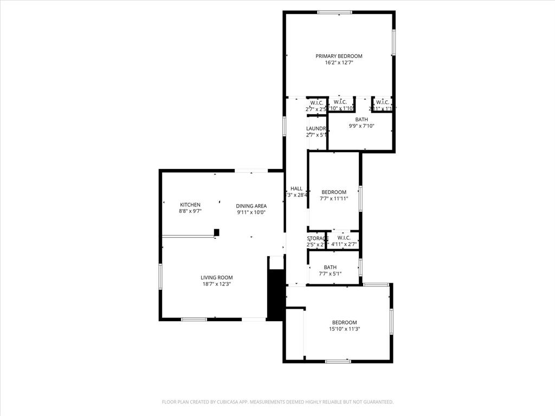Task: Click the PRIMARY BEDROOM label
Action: (339, 56)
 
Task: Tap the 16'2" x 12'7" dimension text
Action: (339, 63)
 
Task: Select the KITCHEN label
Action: (190, 205)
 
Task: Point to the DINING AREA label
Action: (251, 206)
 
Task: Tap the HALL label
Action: (296, 188)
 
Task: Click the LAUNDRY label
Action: (316, 128)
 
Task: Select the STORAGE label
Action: (317, 238)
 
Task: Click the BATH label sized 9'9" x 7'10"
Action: (362, 120)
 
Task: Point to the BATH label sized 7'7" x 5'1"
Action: (330, 267)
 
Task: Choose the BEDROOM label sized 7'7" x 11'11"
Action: (334, 192)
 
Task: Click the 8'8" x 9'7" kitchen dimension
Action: (190, 211)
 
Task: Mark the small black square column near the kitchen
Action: (216, 232)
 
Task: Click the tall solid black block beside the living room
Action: (276, 295)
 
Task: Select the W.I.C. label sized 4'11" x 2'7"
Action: (344, 238)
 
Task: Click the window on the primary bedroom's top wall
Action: (334, 12)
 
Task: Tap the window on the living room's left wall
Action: (160, 276)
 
